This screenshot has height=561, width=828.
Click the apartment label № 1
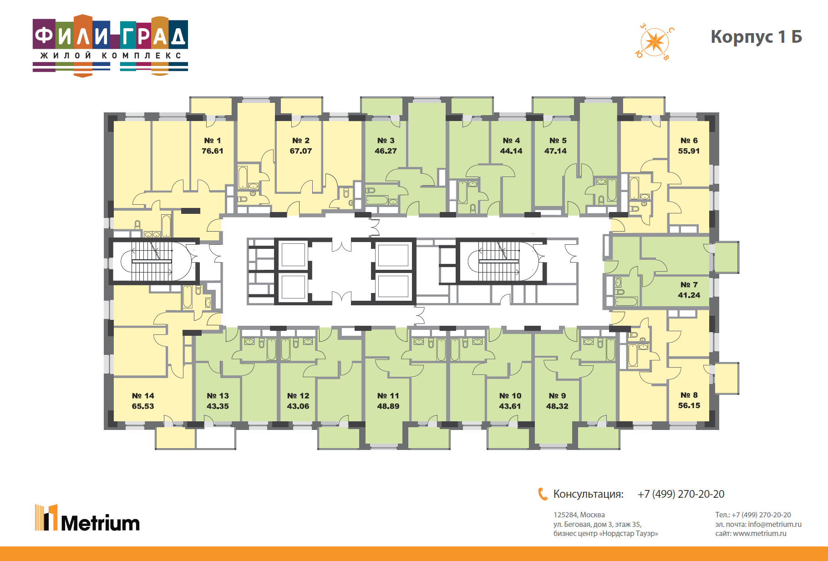click(x=212, y=141)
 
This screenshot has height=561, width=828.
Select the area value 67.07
click(x=301, y=151)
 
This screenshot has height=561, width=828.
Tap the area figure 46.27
click(x=386, y=151)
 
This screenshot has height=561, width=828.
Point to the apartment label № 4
click(x=511, y=141)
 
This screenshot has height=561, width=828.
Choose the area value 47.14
click(x=556, y=151)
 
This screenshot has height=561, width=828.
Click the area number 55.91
click(x=689, y=151)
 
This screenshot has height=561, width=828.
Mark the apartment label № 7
click(x=689, y=285)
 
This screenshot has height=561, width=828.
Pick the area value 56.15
click(x=689, y=405)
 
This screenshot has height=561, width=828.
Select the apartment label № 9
click(x=557, y=396)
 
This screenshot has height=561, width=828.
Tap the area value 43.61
click(x=510, y=406)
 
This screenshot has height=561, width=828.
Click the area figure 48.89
click(x=388, y=406)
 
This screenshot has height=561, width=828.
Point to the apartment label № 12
click(x=298, y=396)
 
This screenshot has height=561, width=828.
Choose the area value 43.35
click(x=218, y=406)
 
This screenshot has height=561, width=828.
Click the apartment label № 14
click(x=143, y=396)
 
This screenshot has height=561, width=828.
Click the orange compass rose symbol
click(x=655, y=42)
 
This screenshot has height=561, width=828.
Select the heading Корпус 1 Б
click(x=756, y=37)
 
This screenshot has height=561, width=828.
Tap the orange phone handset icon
click(x=543, y=494)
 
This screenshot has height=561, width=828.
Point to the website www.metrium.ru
click(x=760, y=534)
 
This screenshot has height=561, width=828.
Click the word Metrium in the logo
click(x=100, y=523)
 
